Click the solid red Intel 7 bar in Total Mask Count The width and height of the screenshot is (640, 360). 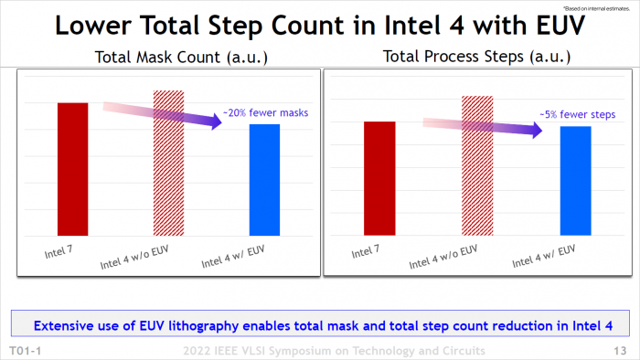point(73,169)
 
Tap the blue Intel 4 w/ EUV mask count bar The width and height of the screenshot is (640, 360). point(264,179)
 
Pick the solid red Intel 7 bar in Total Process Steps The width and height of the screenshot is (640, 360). point(379,178)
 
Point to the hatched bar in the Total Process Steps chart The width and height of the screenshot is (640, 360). point(475,165)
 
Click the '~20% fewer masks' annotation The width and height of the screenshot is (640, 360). point(266,113)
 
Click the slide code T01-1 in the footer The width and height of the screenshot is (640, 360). point(25,351)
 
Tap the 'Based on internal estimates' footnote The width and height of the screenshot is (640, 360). point(605,6)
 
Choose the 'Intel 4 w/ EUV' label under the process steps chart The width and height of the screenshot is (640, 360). point(545,256)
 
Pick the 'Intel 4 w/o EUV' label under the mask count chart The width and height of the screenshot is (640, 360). point(142,256)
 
